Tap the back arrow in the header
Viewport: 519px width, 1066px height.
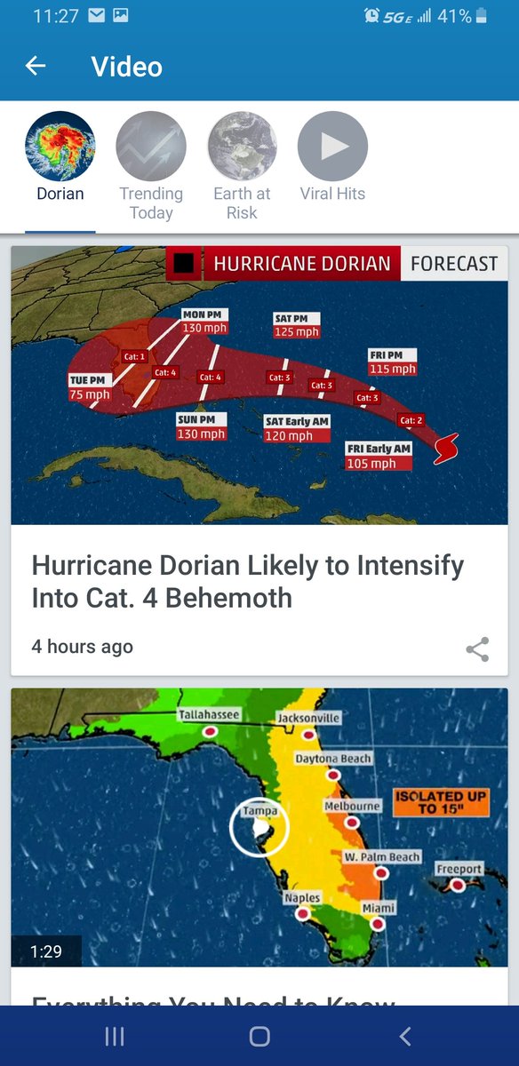pos(36,66)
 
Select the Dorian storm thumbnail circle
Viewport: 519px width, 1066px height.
pos(60,147)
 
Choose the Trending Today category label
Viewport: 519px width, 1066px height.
pos(151,203)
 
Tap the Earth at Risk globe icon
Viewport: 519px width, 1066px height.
pos(242,147)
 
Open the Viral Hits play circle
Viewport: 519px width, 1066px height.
pos(332,147)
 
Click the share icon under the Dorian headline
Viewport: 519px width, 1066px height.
pos(477,649)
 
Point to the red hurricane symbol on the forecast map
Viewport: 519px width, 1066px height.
pos(446,449)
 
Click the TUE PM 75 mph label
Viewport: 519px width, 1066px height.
pos(90,387)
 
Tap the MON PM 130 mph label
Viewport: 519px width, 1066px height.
pos(204,322)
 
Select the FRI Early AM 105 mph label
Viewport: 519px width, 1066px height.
pos(379,457)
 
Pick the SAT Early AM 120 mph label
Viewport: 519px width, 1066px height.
pos(298,429)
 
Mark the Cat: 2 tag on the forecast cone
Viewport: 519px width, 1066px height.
pos(411,420)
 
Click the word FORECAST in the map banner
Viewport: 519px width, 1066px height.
pos(453,264)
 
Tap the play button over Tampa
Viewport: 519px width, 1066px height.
pos(259,828)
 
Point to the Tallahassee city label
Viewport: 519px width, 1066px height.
pos(209,714)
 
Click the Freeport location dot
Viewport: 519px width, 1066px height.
pos(458,885)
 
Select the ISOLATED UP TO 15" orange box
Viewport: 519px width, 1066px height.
pos(441,802)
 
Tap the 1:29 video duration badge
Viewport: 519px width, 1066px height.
pos(46,951)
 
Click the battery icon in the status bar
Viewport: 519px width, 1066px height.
pos(482,16)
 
